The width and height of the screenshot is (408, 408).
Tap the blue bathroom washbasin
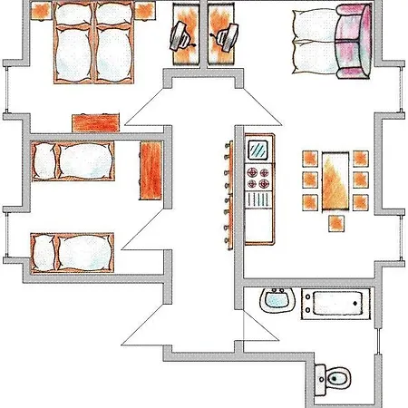pos(275,300)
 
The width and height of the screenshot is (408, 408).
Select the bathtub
pos(335,304)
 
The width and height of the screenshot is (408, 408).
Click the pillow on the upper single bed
pos(44,163)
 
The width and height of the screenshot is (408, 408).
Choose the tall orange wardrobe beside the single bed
pos(151,170)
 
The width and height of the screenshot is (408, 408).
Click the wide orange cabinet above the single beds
pos(96,121)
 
